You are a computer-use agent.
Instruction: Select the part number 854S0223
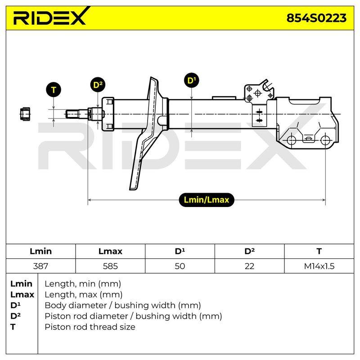[x=316, y=18]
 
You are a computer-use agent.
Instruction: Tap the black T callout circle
[x=54, y=90]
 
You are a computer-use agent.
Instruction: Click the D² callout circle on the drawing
[x=98, y=85]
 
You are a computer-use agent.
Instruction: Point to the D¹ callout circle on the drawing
[x=192, y=81]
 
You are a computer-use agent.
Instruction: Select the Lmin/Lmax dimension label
[x=207, y=200]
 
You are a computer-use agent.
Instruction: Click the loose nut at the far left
[x=25, y=114]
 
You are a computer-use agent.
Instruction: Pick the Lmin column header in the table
[x=40, y=251]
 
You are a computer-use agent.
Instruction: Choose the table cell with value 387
[x=40, y=266]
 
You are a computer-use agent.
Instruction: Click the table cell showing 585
[x=110, y=266]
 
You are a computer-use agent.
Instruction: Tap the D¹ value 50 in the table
[x=180, y=266]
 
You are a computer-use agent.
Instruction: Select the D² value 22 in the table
[x=249, y=266]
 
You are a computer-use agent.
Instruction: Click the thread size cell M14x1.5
[x=319, y=266]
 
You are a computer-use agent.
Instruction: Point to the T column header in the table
[x=319, y=251]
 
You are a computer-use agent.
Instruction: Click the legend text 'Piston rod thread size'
[x=90, y=327]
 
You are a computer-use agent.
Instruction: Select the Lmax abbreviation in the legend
[x=22, y=295]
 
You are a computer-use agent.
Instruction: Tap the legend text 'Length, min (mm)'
[x=83, y=284]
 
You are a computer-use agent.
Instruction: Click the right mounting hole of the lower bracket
[x=325, y=140]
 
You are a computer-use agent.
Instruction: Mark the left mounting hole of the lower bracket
[x=291, y=140]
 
